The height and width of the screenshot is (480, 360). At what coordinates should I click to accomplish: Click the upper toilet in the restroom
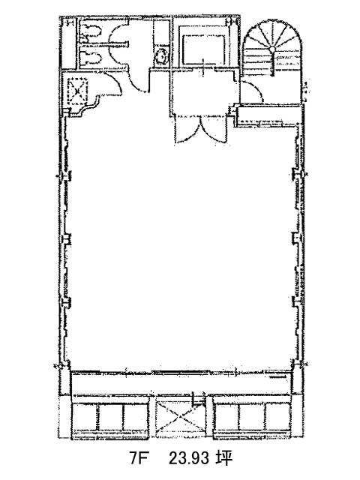tap(91, 31)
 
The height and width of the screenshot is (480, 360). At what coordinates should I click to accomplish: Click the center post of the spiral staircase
tap(271, 49)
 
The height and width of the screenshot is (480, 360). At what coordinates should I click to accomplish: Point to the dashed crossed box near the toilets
tap(77, 91)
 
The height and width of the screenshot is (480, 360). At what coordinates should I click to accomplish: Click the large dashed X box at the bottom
tap(180, 420)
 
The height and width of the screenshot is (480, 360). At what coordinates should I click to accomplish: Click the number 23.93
tap(190, 458)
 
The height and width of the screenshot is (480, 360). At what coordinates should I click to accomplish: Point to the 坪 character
tap(223, 458)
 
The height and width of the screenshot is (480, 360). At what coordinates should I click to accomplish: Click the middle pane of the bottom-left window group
tap(111, 417)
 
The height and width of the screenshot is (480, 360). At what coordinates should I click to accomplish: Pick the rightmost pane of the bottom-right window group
tap(277, 417)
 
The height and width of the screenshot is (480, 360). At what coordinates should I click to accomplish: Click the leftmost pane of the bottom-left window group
tap(86, 417)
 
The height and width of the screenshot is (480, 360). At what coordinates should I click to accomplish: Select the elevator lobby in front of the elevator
tap(202, 91)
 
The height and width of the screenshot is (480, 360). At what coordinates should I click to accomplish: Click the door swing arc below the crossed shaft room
tap(112, 83)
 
